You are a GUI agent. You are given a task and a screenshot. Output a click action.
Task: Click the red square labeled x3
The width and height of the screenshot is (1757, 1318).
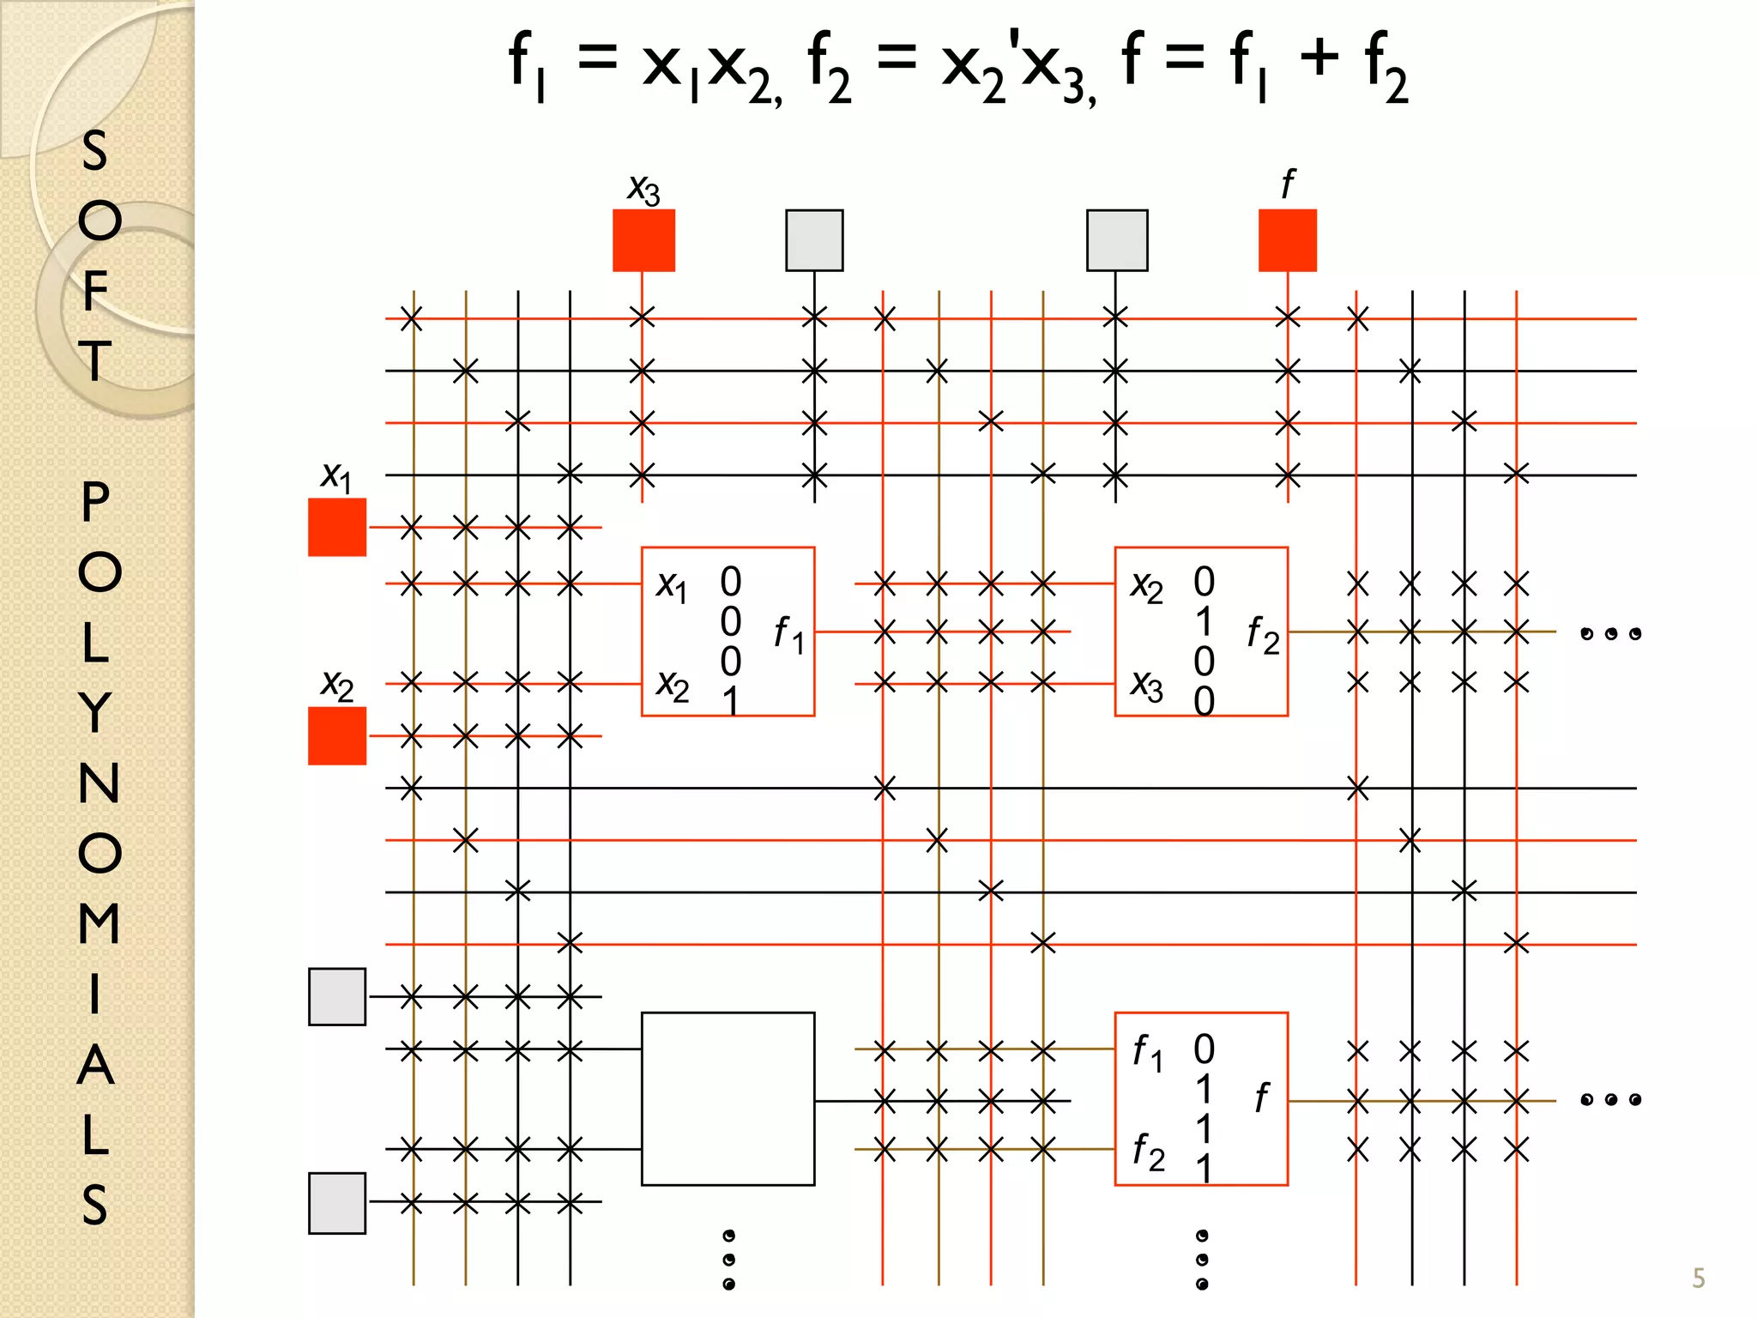643,240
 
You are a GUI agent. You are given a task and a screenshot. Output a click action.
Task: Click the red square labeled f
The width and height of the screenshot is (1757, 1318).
1287,240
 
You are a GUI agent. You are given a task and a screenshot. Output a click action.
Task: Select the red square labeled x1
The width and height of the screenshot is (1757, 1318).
337,527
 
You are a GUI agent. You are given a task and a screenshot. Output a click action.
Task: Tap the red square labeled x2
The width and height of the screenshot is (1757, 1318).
337,735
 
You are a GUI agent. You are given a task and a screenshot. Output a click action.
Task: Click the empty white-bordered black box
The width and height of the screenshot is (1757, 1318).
728,1098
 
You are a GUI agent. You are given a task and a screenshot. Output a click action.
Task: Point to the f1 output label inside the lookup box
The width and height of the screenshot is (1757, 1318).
788,634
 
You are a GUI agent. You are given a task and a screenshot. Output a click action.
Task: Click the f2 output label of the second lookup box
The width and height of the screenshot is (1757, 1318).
1262,634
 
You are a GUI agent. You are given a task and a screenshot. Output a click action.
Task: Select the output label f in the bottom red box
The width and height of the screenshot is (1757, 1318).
1261,1097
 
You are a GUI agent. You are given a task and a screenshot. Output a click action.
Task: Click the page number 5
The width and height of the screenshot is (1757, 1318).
1698,1279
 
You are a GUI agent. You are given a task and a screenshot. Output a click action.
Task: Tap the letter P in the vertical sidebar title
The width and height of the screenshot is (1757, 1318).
95,502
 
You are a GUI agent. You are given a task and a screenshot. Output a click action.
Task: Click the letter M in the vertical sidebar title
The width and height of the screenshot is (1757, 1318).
98,923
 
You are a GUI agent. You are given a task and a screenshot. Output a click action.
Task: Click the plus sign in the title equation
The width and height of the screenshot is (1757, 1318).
1319,57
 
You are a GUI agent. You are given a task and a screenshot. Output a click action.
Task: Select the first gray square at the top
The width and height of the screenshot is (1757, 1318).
814,240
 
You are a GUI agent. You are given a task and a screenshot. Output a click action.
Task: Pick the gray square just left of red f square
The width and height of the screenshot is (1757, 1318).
1116,240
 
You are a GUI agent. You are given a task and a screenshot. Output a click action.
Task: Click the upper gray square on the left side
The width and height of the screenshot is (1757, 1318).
337,996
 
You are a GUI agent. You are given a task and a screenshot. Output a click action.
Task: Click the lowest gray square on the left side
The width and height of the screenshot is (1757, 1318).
337,1202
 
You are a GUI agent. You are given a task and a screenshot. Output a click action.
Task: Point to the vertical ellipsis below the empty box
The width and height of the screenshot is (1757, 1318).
728,1260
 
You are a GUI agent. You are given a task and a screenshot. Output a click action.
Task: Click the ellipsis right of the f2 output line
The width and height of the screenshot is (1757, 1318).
1610,634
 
